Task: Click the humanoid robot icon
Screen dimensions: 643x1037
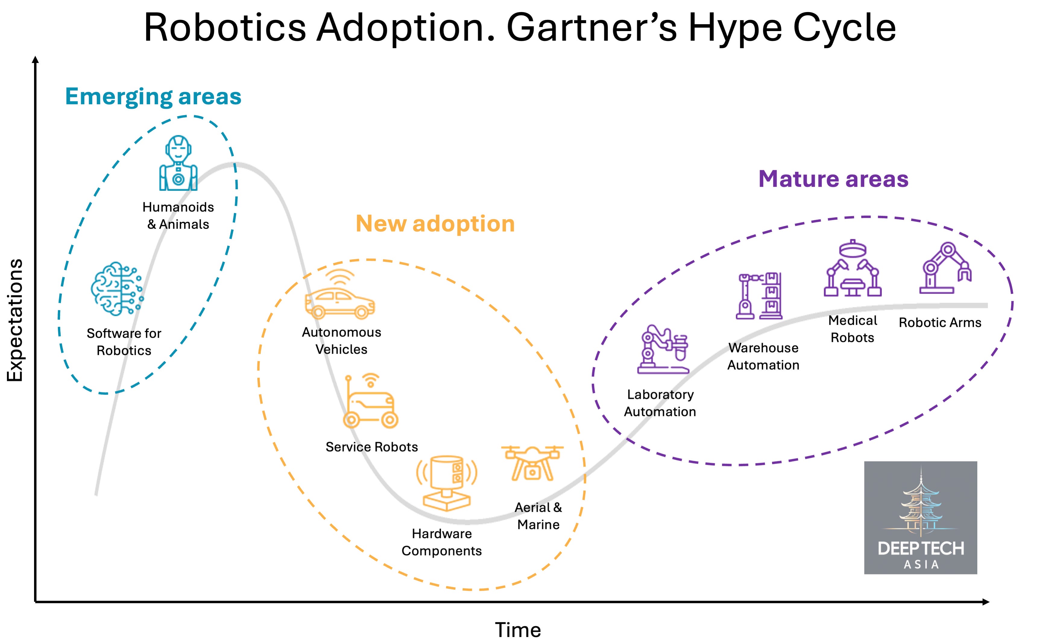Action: pos(178,163)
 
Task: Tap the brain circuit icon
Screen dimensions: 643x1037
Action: pos(117,289)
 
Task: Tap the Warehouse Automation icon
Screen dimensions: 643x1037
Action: pos(759,295)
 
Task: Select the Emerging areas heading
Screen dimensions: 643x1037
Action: pos(153,96)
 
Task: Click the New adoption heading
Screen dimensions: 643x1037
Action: pos(435,224)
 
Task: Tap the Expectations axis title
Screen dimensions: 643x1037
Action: pos(15,320)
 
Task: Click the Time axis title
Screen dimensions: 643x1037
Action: pos(518,629)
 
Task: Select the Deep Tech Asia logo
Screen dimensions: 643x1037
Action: pos(921,518)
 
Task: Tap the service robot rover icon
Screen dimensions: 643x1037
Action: pos(370,401)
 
